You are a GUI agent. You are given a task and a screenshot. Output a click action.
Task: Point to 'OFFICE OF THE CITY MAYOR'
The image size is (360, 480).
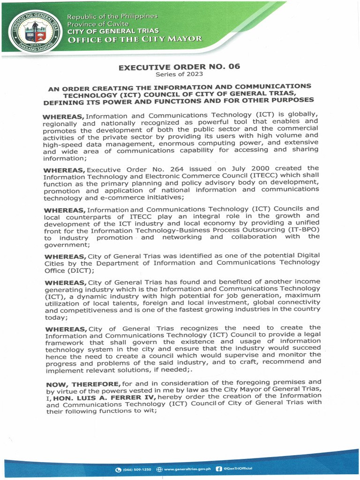click(135, 39)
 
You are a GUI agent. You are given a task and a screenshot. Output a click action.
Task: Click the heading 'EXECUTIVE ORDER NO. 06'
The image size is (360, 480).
click(179, 67)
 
